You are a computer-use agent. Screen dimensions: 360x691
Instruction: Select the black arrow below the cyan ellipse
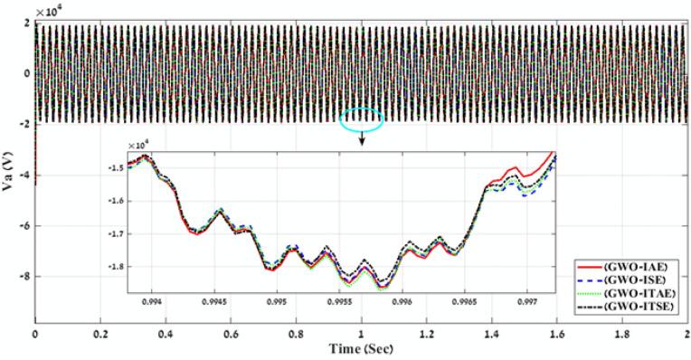click(x=361, y=137)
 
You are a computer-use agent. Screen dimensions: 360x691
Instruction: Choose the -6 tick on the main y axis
click(x=24, y=226)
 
